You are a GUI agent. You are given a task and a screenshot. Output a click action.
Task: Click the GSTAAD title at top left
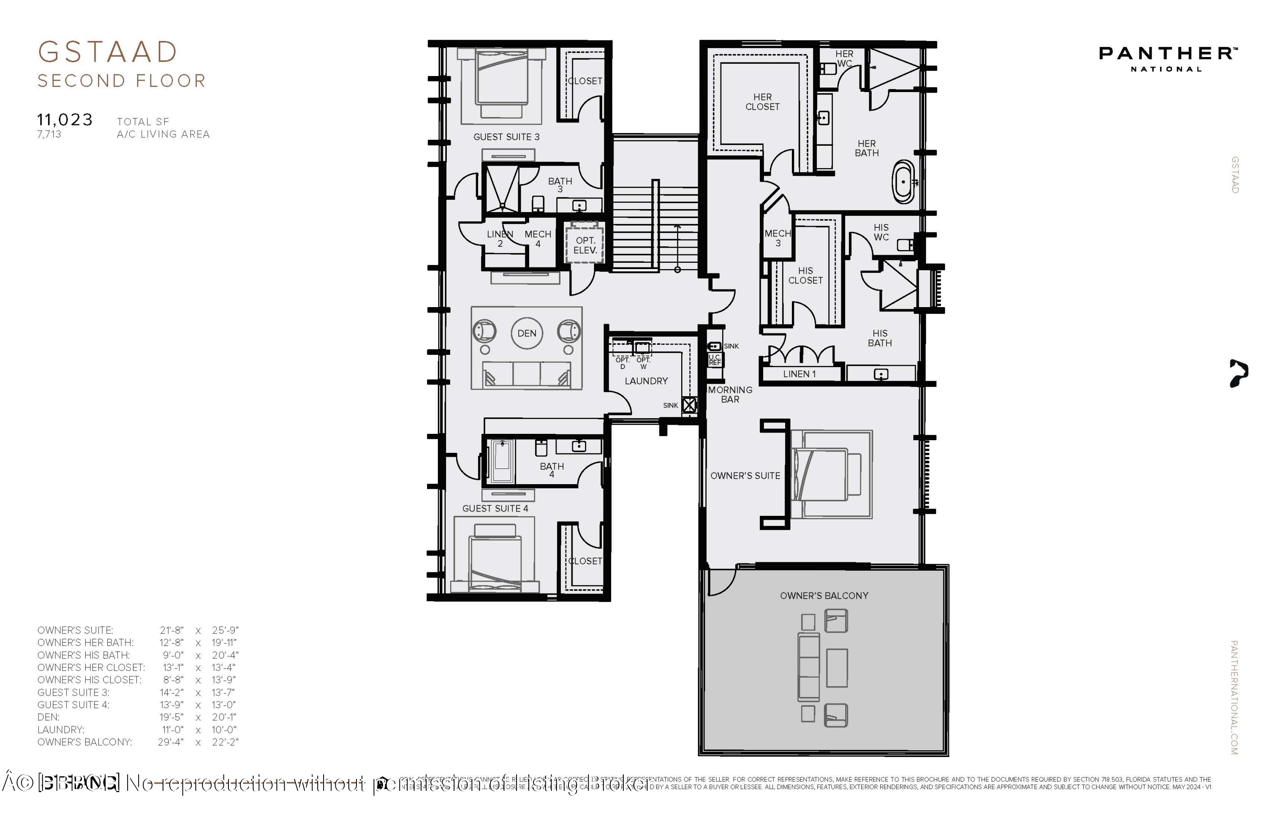[x=108, y=52]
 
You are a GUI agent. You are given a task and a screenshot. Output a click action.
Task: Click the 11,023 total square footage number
[x=65, y=120]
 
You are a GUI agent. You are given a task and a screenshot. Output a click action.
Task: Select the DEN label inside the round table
[x=527, y=333]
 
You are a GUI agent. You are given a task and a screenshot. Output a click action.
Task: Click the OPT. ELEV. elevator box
[x=585, y=245]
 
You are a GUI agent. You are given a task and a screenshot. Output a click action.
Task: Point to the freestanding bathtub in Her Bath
[x=903, y=182]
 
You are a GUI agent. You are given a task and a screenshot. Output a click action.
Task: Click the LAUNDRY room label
[x=646, y=381]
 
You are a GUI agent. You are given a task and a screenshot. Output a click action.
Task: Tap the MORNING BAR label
[x=730, y=395]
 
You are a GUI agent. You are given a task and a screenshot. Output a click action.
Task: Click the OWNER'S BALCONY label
[x=824, y=596]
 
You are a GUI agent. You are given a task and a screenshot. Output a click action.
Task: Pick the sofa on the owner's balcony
[x=808, y=667]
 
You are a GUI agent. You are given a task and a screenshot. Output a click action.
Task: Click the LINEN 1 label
[x=799, y=374]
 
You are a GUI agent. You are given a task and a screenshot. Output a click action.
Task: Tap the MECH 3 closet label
[x=777, y=238]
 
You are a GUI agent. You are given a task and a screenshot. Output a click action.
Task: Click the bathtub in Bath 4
[x=501, y=461]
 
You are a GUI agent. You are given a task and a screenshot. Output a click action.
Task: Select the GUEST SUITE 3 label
[x=506, y=137]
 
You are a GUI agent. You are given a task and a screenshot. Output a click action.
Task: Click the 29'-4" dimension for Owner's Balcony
[x=170, y=742]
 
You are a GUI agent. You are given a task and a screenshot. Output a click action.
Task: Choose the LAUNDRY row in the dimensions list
[x=61, y=730]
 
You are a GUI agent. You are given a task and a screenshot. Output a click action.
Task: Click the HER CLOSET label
[x=762, y=102]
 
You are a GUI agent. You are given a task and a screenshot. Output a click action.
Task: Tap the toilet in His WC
[x=905, y=245]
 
